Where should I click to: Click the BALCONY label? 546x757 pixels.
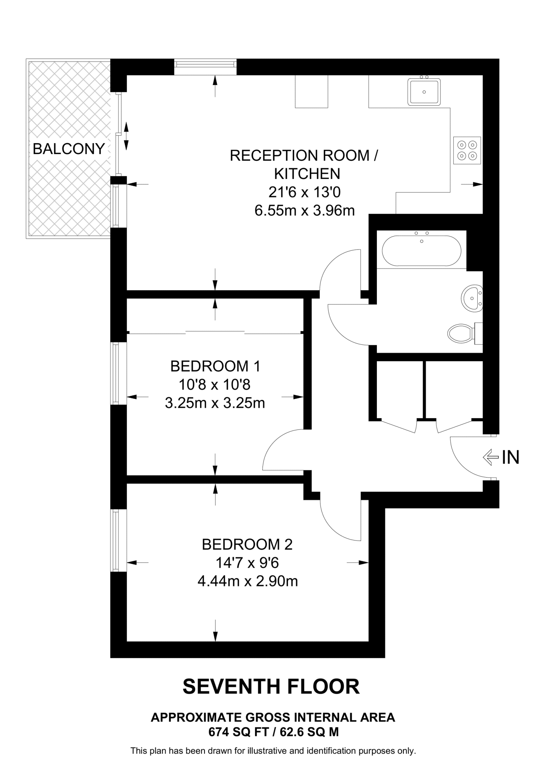69,149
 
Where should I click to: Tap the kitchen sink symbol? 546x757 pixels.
424,92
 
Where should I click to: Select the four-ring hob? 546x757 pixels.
467,150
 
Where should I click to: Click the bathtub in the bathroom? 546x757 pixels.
421,251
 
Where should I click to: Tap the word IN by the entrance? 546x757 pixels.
511,458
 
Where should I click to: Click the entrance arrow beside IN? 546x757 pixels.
491,458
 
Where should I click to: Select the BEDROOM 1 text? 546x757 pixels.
215,366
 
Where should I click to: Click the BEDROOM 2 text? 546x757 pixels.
247,544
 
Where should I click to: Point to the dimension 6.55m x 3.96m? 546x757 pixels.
305,211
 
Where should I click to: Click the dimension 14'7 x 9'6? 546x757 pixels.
247,563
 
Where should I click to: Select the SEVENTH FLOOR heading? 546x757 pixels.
271,687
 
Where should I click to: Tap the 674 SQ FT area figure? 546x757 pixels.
237,732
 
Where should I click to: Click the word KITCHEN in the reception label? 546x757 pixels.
307,174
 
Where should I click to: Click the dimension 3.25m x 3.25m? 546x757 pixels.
215,403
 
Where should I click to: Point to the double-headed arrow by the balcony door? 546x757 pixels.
126,136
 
